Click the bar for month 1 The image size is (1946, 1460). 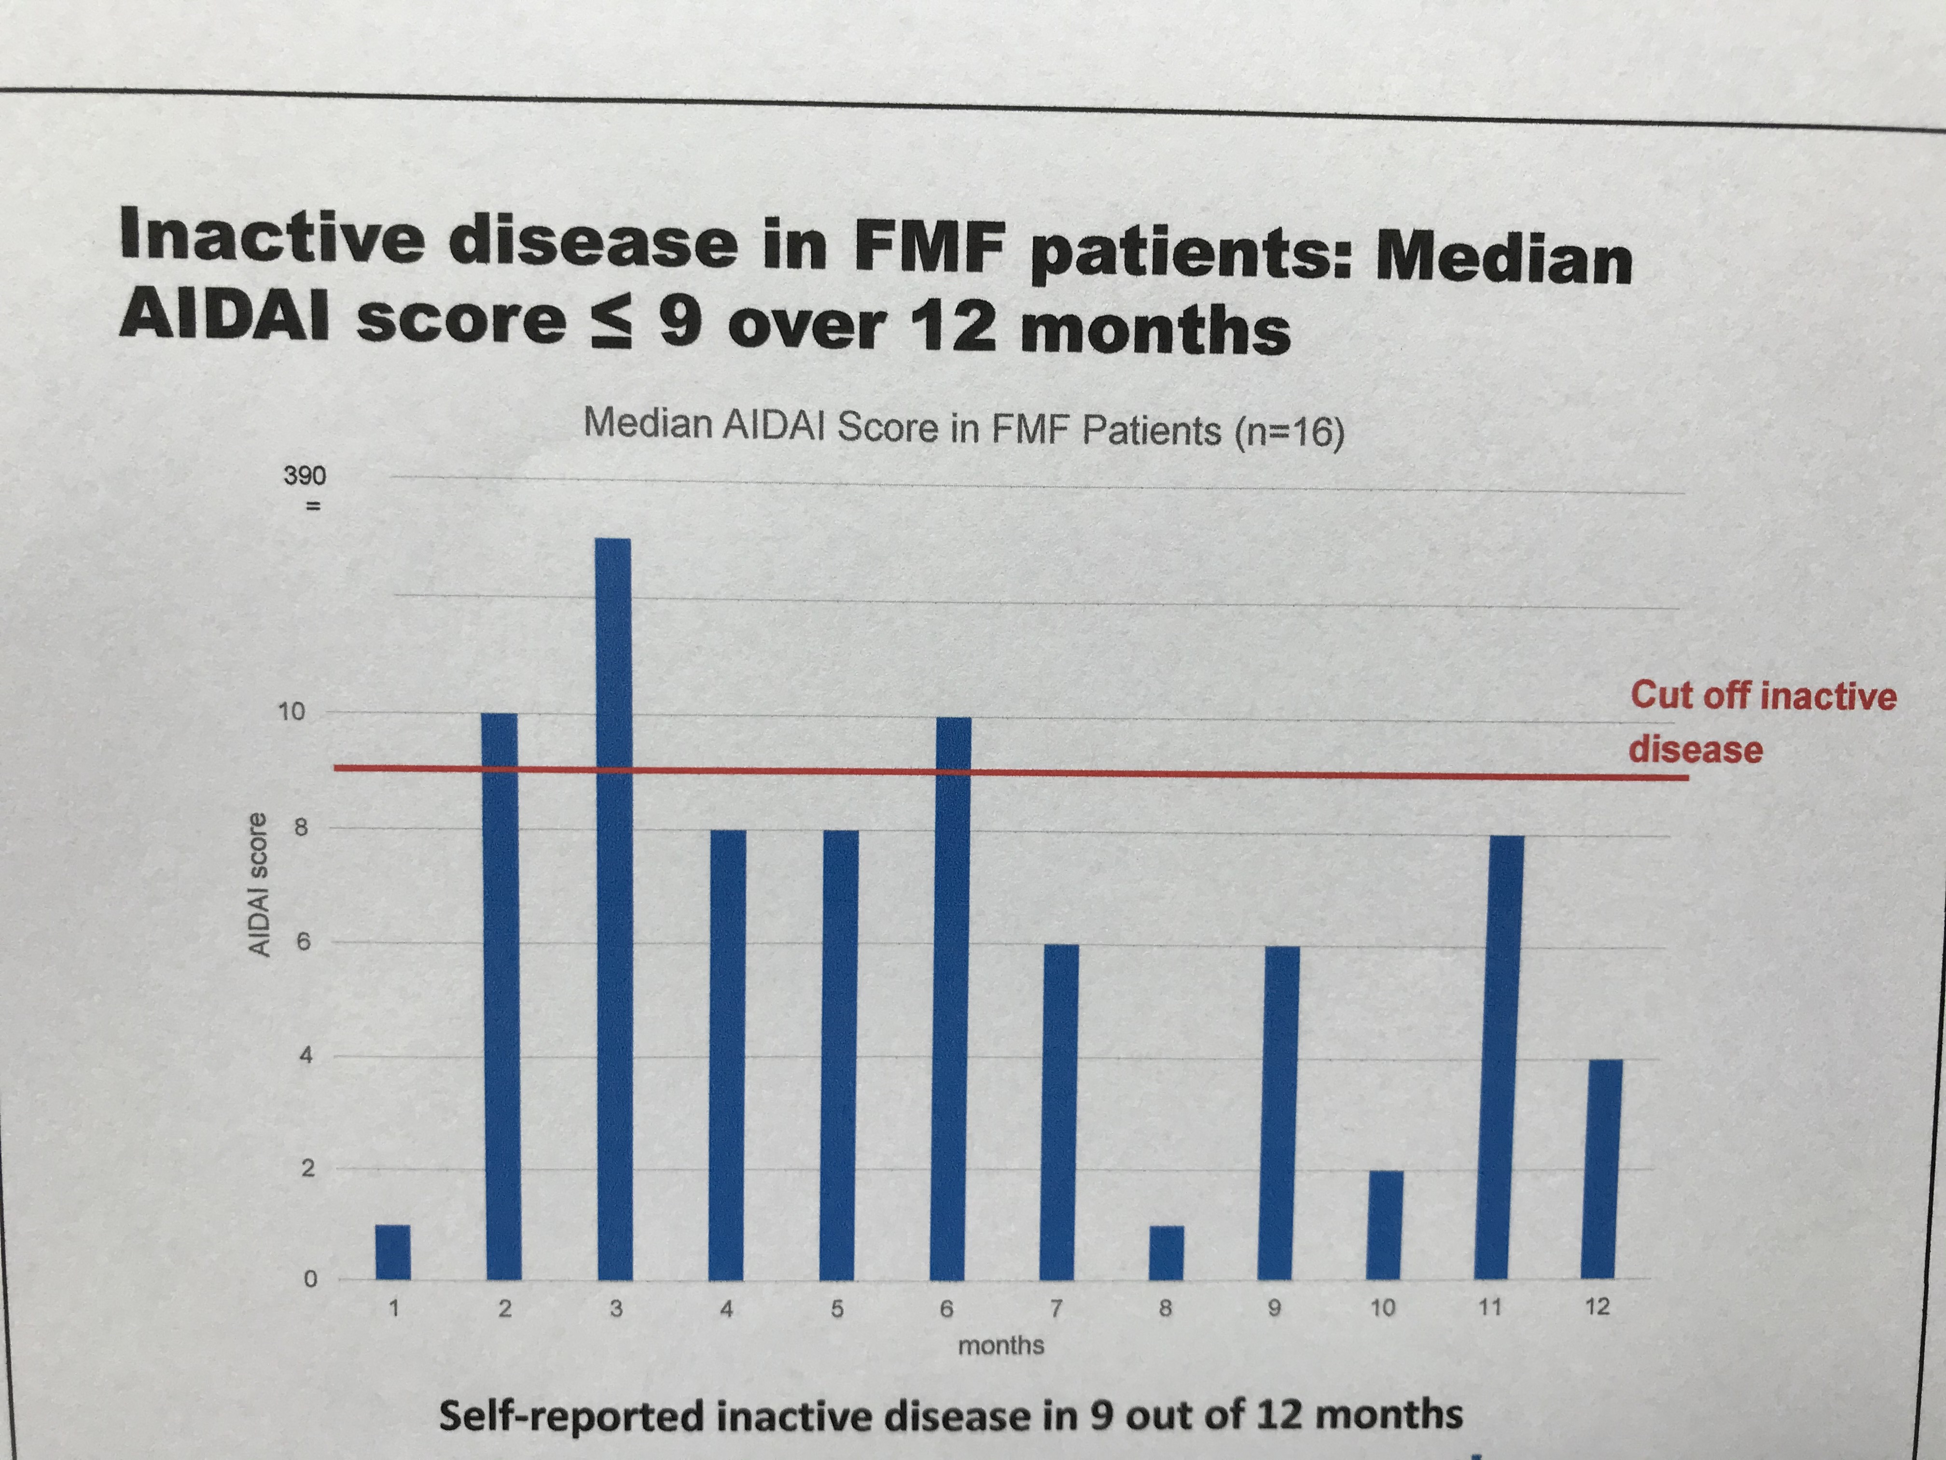point(392,1251)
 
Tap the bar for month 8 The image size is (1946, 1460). point(1167,1252)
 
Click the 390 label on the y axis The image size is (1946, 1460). point(305,476)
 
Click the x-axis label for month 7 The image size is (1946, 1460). point(1056,1308)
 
